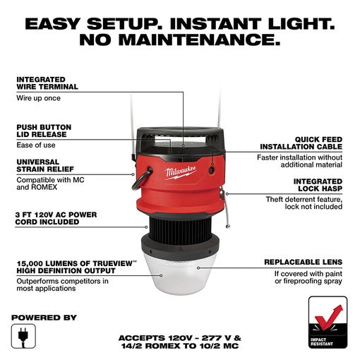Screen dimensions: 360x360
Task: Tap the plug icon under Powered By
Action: click(x=23, y=334)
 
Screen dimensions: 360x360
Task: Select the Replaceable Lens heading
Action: click(x=304, y=262)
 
